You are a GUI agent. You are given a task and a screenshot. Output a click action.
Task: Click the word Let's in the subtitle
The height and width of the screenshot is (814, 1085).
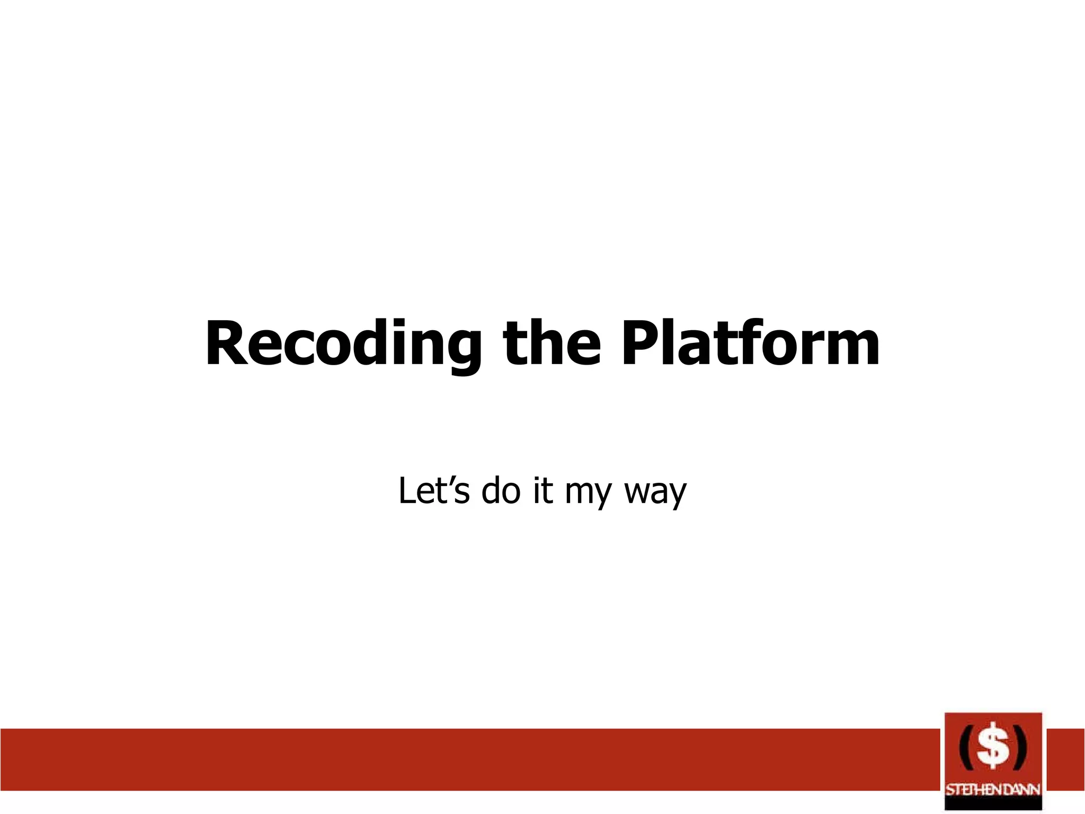(433, 490)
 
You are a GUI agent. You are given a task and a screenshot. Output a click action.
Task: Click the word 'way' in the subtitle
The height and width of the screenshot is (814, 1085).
(655, 493)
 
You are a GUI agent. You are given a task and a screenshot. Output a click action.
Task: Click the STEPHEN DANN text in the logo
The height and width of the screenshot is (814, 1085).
(993, 790)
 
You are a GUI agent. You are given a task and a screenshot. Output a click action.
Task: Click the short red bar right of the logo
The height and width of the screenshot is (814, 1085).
(1065, 759)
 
